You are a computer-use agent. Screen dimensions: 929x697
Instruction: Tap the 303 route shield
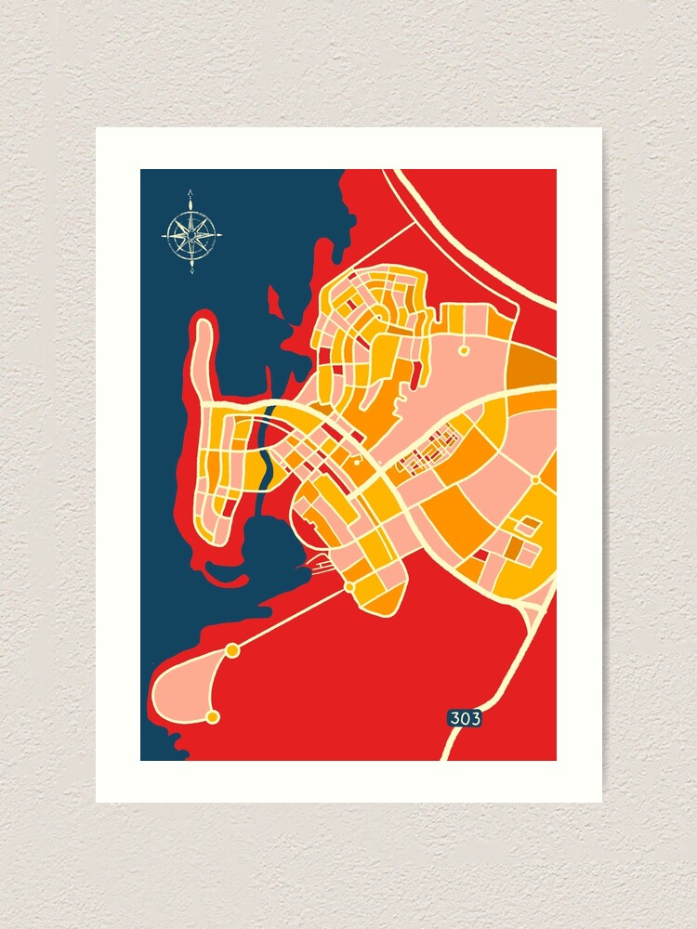coord(465,718)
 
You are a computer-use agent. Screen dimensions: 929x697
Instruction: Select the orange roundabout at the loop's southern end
coord(213,716)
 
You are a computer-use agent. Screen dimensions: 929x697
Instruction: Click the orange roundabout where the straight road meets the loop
coord(232,650)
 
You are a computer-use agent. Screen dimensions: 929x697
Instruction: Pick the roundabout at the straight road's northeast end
coord(349,587)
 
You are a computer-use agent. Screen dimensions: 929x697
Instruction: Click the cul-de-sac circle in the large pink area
coord(463,351)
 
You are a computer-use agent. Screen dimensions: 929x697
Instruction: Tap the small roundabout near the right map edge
coord(536,479)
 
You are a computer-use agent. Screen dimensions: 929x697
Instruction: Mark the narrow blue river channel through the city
coord(265,446)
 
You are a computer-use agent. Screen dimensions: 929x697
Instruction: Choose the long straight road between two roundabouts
coord(291,619)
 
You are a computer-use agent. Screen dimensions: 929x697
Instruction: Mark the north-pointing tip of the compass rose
coord(191,192)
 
